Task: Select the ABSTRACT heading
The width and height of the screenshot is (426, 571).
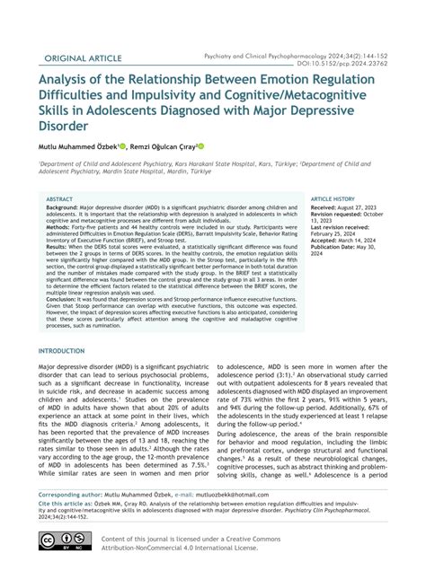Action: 59,199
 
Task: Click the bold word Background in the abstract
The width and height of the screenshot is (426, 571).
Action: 62,207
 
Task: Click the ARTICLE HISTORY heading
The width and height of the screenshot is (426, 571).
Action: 333,199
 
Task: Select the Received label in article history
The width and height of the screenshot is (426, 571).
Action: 327,207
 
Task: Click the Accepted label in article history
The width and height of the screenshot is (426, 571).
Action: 328,241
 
